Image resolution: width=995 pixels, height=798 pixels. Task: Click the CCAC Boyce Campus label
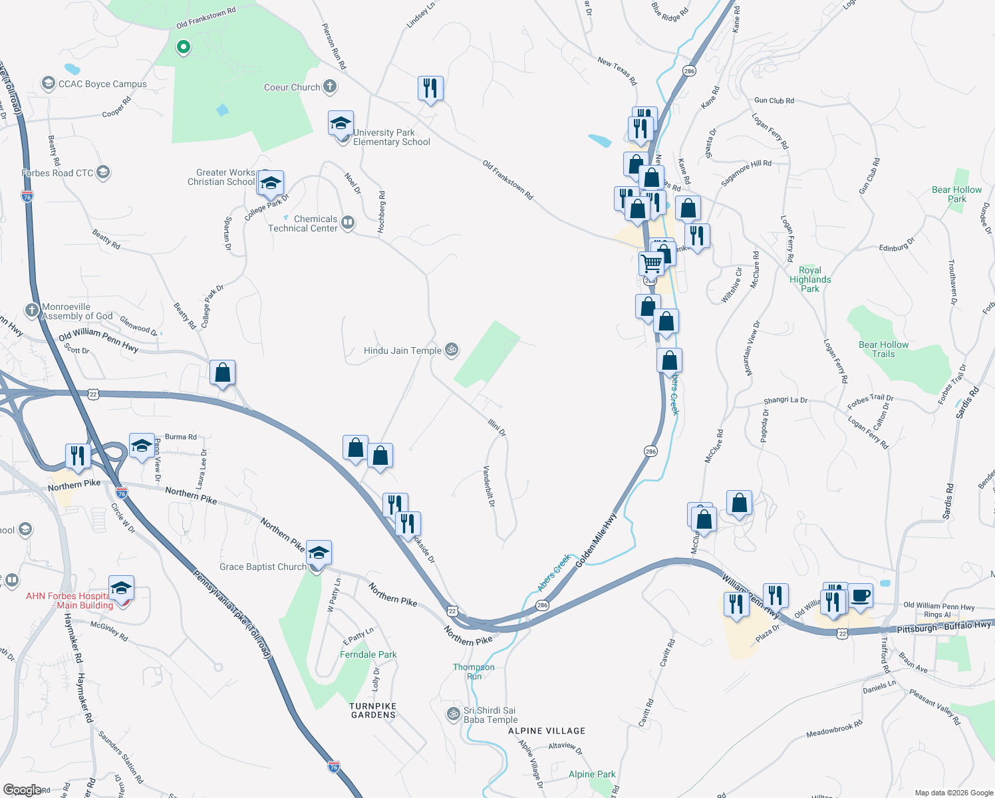pyautogui.click(x=102, y=84)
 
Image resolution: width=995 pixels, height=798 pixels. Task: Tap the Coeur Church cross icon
pyautogui.click(x=330, y=86)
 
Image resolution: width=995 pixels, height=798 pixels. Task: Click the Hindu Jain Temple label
pyautogui.click(x=402, y=350)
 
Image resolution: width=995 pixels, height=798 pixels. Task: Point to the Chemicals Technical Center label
pyautogui.click(x=303, y=223)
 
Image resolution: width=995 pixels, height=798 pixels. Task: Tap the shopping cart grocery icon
pyautogui.click(x=652, y=263)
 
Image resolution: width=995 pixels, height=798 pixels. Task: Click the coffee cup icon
pyautogui.click(x=861, y=595)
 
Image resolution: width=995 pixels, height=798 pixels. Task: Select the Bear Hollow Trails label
pyautogui.click(x=883, y=349)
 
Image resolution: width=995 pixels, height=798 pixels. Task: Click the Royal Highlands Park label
pyautogui.click(x=810, y=279)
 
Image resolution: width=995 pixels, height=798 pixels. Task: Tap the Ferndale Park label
pyautogui.click(x=368, y=655)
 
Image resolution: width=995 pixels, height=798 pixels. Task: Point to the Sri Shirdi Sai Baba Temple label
pyautogui.click(x=490, y=715)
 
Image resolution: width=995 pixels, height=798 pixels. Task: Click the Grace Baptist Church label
pyautogui.click(x=263, y=567)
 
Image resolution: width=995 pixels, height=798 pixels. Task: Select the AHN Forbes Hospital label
pyautogui.click(x=70, y=600)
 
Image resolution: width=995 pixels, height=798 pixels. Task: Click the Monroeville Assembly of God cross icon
pyautogui.click(x=32, y=311)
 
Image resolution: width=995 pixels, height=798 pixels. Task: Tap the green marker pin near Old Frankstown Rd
pyautogui.click(x=183, y=47)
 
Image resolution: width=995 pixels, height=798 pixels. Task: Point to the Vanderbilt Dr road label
pyautogui.click(x=489, y=486)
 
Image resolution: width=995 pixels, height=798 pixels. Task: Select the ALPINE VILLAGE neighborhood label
pyautogui.click(x=547, y=731)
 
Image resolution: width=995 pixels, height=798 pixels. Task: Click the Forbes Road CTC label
pyautogui.click(x=58, y=174)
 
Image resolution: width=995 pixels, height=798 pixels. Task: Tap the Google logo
pyautogui.click(x=22, y=790)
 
